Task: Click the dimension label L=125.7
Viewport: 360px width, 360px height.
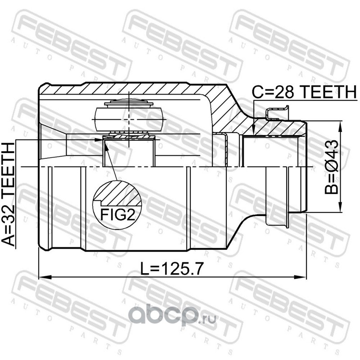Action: (172, 269)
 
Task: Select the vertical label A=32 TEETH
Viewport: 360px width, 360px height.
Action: (8, 194)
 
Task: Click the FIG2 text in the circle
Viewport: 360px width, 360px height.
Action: (118, 215)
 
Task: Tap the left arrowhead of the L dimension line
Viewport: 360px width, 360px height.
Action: (45, 277)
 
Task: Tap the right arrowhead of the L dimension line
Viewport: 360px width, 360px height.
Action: (300, 277)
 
